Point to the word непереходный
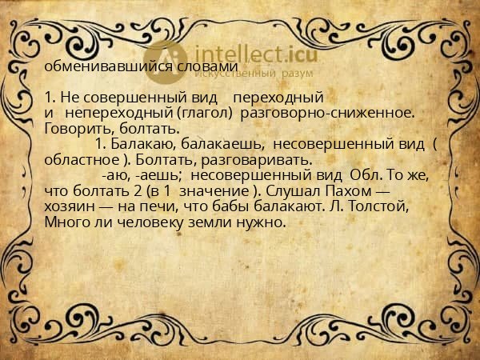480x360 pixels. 108,113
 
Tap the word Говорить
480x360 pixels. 74,128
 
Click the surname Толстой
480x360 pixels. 381,206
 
